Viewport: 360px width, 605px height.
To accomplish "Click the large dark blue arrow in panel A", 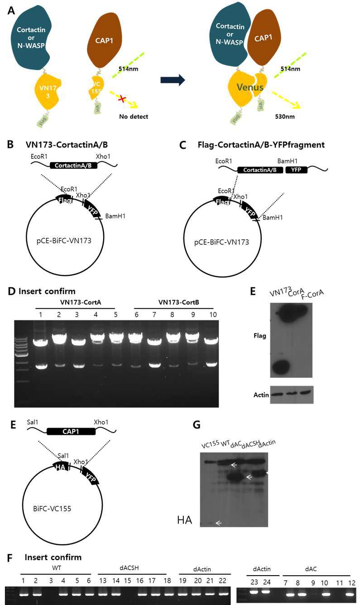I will click(173, 80).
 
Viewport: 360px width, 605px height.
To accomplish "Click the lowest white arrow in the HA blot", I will click(219, 523).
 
